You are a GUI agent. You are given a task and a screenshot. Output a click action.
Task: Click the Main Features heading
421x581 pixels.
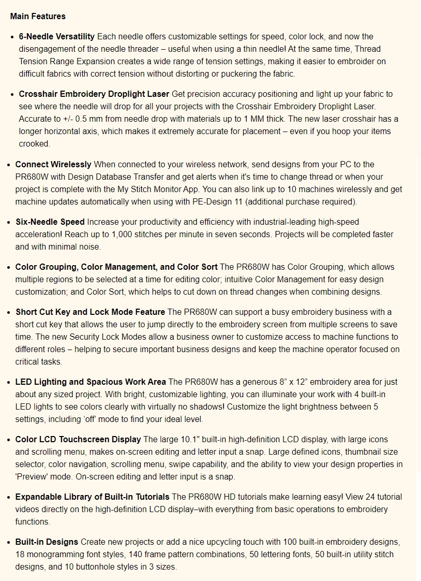pos(38,17)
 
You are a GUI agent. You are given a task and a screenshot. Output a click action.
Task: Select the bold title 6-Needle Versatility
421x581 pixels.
pos(57,37)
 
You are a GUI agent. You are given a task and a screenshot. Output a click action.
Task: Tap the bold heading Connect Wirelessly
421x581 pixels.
pos(53,165)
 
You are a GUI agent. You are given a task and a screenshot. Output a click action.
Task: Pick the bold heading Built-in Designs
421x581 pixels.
pos(47,542)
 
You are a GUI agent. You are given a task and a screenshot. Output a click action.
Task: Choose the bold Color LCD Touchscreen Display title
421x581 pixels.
pos(78,440)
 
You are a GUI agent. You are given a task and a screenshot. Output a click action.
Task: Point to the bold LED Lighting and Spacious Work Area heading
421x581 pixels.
pos(91,382)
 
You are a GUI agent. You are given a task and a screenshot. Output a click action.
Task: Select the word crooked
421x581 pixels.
pos(34,144)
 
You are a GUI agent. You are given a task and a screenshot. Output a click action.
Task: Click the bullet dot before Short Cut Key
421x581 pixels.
pos(9,312)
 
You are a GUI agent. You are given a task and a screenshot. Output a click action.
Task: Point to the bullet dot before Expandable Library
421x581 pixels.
pos(9,497)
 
